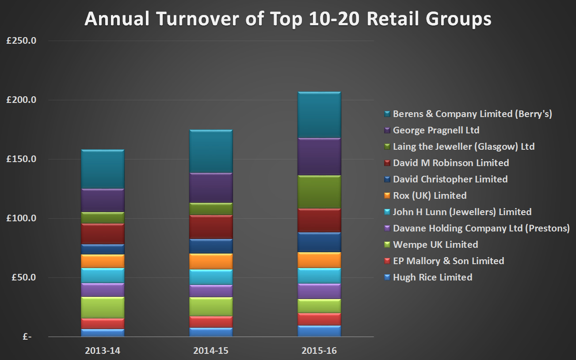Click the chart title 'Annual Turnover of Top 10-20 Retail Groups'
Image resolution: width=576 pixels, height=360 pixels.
tap(288, 19)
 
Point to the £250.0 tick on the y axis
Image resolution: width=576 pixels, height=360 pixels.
tap(21, 41)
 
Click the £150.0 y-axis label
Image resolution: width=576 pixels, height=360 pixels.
tap(21, 159)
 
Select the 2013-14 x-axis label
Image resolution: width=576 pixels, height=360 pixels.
tap(103, 351)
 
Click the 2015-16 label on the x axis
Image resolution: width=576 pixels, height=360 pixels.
tap(319, 351)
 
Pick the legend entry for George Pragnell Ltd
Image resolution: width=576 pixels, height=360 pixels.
tap(436, 130)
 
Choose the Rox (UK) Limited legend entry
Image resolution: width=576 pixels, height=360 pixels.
tap(429, 195)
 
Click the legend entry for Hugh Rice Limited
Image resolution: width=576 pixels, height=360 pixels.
tap(432, 277)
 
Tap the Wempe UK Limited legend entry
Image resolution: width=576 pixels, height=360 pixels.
tap(435, 245)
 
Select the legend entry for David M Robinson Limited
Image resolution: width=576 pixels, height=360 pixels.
tap(450, 163)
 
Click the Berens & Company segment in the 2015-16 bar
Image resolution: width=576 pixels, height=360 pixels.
tap(319, 115)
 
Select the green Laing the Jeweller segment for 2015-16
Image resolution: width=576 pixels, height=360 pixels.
tap(319, 192)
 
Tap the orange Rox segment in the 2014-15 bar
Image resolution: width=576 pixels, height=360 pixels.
tap(211, 261)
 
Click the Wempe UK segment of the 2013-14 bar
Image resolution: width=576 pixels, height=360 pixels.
tap(103, 308)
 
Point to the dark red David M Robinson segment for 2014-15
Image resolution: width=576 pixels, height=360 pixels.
tap(211, 227)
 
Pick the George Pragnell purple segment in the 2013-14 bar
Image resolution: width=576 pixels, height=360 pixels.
tap(103, 201)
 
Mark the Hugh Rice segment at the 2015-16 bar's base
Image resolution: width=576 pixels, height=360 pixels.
tap(319, 331)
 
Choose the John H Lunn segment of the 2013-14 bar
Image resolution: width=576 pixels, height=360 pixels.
tap(103, 276)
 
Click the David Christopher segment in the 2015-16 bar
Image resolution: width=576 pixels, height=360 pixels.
tap(319, 243)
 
